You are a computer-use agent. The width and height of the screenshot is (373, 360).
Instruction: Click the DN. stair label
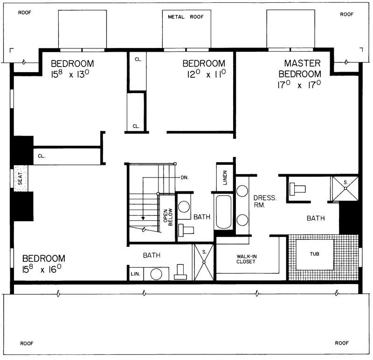(x=185, y=177)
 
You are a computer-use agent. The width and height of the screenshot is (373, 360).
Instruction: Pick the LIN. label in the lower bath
(x=135, y=273)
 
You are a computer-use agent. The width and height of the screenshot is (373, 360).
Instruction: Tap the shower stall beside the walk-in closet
(x=204, y=262)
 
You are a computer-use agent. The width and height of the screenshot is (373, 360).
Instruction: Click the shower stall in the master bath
(x=345, y=189)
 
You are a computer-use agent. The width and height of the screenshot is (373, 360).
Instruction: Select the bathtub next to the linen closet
(x=224, y=212)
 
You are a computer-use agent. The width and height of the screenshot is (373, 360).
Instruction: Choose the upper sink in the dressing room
(x=242, y=191)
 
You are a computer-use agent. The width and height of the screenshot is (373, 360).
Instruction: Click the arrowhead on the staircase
(x=144, y=217)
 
